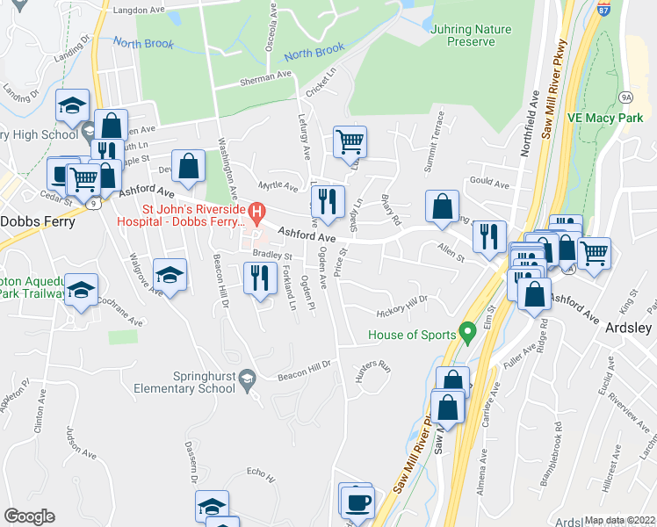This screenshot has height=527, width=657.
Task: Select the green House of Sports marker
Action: point(467,334)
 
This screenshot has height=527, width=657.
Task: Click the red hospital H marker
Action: point(256,211)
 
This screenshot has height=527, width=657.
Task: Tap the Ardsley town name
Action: point(629,328)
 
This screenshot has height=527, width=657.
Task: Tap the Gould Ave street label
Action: point(489,185)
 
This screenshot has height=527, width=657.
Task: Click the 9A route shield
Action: point(625,97)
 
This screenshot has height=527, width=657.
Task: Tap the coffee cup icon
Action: point(358,503)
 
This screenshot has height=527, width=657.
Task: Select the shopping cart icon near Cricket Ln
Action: point(350,141)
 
